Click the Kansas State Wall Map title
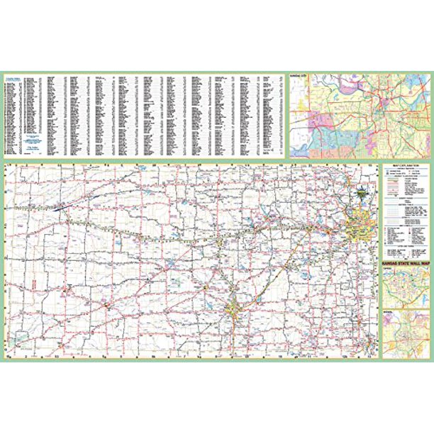(406, 265)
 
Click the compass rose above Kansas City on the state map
(363, 189)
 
